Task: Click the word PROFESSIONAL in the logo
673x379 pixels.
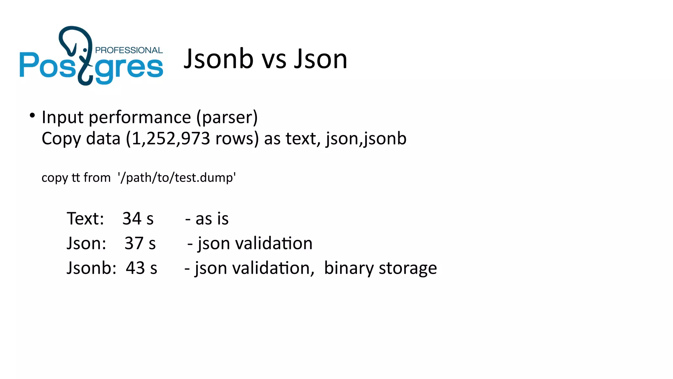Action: pos(128,50)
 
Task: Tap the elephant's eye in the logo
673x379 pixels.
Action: pos(85,50)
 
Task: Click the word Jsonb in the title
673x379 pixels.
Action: pos(219,59)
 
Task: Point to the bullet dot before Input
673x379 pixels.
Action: pos(32,115)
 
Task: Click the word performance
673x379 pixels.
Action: pos(140,118)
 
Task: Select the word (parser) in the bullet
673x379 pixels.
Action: pos(227,118)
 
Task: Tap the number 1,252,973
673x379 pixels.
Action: pos(168,139)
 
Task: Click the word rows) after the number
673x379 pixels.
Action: pos(237,139)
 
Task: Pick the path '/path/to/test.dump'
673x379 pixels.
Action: pos(177,178)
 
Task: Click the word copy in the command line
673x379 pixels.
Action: pos(55,178)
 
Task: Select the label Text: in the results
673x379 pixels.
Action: pos(85,218)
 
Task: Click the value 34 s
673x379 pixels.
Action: pos(138,218)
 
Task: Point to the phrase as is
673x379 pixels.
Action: pos(212,219)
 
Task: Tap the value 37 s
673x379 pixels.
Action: pos(140,243)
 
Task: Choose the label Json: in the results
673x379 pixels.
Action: pos(86,243)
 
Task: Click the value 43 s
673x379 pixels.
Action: pos(141,268)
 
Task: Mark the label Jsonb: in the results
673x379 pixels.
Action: pos(91,268)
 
